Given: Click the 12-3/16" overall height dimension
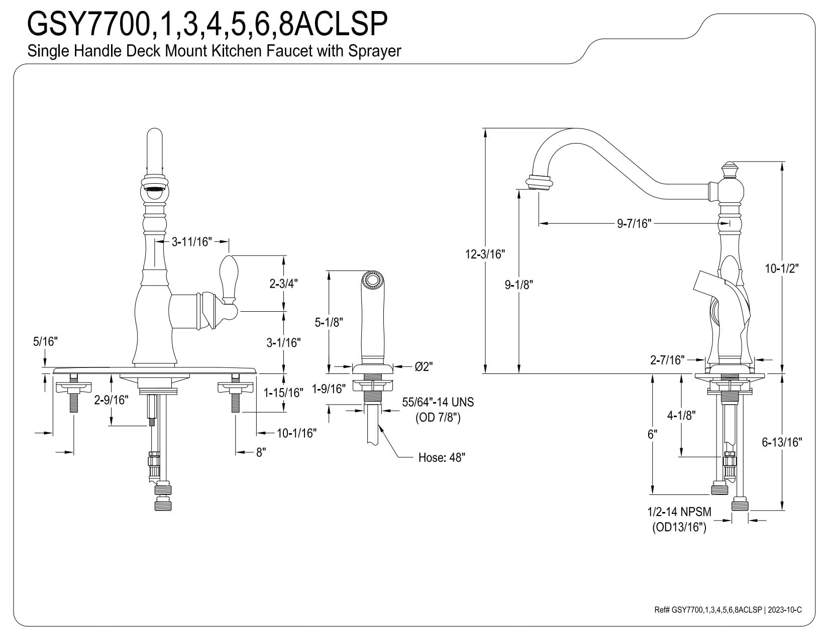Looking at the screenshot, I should [485, 254].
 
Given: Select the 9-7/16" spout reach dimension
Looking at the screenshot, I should [634, 224].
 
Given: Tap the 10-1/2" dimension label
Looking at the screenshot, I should [782, 269].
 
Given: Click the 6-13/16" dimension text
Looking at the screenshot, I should [782, 442].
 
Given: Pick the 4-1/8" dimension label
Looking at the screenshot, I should [681, 415].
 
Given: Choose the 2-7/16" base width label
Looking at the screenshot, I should [667, 359].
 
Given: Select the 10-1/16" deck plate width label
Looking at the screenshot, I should [296, 433].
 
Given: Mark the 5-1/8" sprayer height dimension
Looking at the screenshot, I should [328, 322].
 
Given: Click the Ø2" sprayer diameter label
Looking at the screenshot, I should [424, 367].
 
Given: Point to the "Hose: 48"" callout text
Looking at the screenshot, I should [442, 458].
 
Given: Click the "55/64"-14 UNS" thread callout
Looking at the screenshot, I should [438, 403].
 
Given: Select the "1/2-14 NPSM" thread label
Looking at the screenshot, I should [679, 512].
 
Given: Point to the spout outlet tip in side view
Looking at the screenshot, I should [539, 183].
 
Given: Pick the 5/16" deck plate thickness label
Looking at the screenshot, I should [45, 342].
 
